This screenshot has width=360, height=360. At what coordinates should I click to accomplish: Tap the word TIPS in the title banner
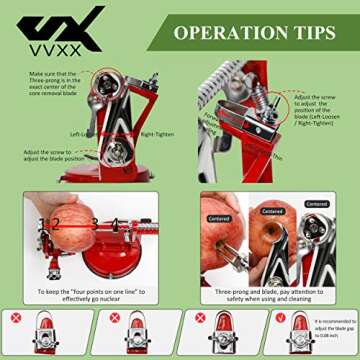pos(311,32)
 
